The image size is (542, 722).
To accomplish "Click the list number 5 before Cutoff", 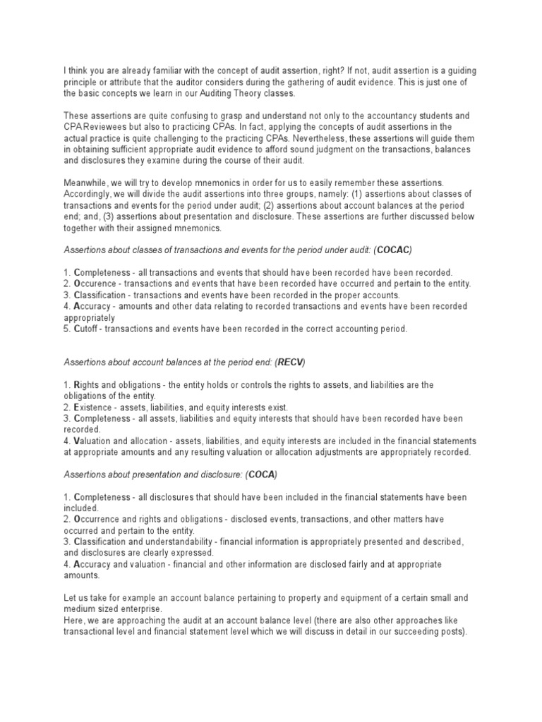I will pyautogui.click(x=66, y=329).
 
